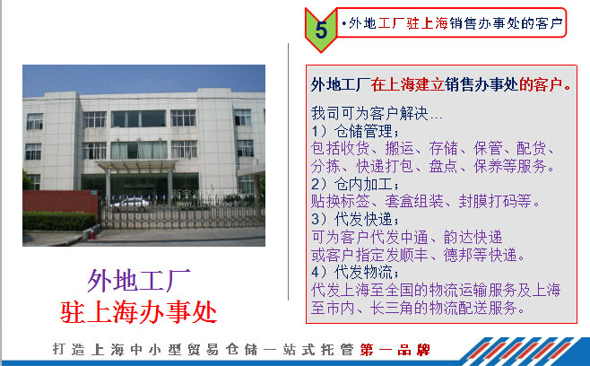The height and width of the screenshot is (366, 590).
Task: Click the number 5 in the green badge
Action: pyautogui.click(x=321, y=30)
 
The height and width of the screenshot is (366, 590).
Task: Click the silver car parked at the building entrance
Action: pyautogui.click(x=131, y=204)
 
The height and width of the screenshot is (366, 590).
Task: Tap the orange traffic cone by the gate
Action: pyautogui.click(x=92, y=233)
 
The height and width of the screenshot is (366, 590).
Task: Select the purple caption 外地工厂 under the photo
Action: pyautogui.click(x=139, y=281)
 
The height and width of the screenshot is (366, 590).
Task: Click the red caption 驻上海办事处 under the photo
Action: pyautogui.click(x=138, y=312)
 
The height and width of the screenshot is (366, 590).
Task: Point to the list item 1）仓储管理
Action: pyautogui.click(x=355, y=131)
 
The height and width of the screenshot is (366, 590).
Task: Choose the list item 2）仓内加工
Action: pyautogui.click(x=355, y=184)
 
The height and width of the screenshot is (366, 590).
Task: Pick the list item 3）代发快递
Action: pyautogui.click(x=355, y=219)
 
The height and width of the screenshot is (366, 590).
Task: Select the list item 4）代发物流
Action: pyautogui.click(x=355, y=272)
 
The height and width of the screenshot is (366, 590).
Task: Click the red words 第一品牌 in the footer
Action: pyautogui.click(x=395, y=350)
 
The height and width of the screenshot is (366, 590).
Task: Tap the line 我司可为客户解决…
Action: pyautogui.click(x=377, y=113)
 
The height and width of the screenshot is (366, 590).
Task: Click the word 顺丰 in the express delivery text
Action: pyautogui.click(x=414, y=255)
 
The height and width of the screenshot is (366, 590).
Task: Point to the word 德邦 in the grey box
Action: pyautogui.click(x=458, y=255)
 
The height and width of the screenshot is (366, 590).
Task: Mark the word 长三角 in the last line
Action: pyautogui.click(x=392, y=308)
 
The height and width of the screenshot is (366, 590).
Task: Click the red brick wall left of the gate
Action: pyautogui.click(x=60, y=202)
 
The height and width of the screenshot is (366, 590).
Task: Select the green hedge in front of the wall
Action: pyautogui.click(x=58, y=221)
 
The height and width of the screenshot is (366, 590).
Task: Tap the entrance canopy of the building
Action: pyautogui.click(x=136, y=165)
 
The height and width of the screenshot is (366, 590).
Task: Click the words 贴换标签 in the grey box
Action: pyautogui.click(x=340, y=202)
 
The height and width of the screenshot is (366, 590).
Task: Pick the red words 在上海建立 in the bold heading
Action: pyautogui.click(x=407, y=84)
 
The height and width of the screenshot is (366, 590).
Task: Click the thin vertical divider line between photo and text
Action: pyautogui.click(x=288, y=171)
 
